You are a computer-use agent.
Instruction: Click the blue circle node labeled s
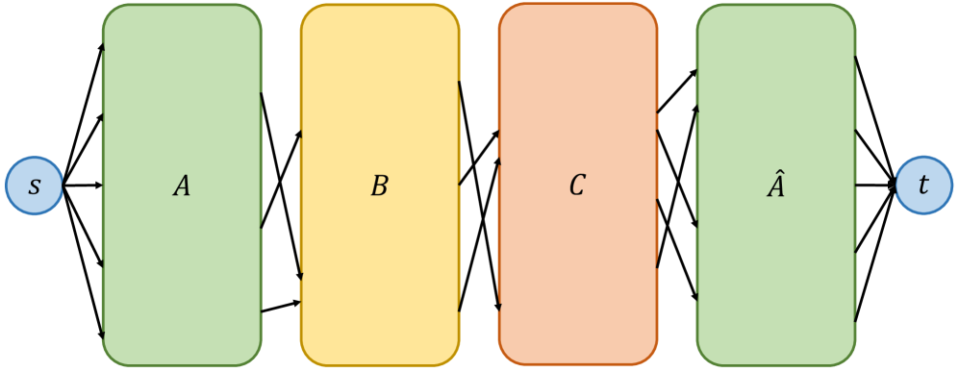tap(35, 186)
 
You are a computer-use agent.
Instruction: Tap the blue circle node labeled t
tap(923, 186)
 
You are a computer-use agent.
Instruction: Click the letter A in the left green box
tap(182, 186)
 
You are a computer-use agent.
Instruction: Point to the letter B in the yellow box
tap(379, 186)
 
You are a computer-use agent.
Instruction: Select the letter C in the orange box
tap(577, 186)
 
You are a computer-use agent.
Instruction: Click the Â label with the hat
tap(775, 186)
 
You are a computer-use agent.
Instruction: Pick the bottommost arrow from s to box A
tap(84, 260)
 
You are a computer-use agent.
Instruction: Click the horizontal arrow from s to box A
tap(83, 185)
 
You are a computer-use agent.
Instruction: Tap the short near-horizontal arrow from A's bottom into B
tap(281, 307)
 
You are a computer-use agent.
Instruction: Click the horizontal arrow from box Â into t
tap(875, 185)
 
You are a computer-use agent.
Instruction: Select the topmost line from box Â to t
tap(875, 119)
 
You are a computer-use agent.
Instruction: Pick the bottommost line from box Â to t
tap(875, 253)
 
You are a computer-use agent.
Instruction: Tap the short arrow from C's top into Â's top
tap(677, 91)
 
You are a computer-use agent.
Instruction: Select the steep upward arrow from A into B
tap(281, 180)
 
